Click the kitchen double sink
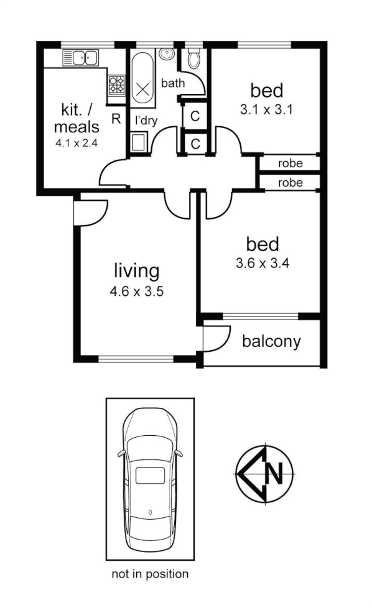click(80, 58)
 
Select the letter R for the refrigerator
click(116, 119)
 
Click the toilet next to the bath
click(193, 60)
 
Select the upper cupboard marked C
click(195, 116)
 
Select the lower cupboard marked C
click(195, 144)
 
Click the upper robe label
click(291, 164)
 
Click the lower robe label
click(291, 183)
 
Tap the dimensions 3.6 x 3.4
click(263, 263)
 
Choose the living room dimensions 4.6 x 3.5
click(136, 292)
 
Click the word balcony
click(271, 341)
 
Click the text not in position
click(150, 574)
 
